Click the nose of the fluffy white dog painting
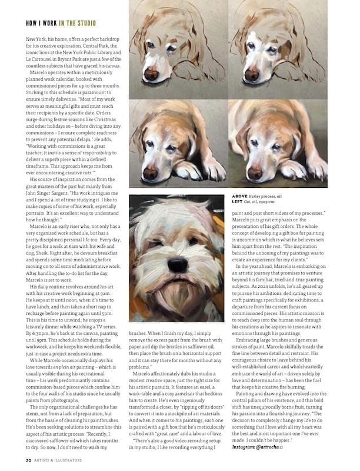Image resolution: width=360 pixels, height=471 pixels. [178, 266]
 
